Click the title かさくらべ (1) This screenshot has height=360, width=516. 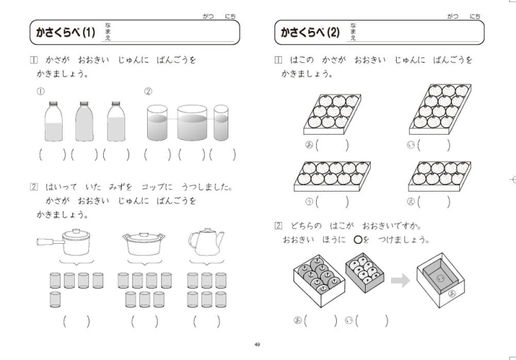pyautogui.click(x=66, y=32)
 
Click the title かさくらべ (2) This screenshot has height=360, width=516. pyautogui.click(x=310, y=32)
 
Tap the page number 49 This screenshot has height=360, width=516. pyautogui.click(x=257, y=345)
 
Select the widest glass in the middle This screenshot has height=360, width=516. pyautogui.click(x=192, y=123)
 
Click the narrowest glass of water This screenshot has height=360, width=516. pyautogui.click(x=221, y=123)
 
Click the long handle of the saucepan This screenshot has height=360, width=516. pyautogui.click(x=50, y=242)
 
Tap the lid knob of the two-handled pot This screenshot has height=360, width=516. pyautogui.click(x=144, y=235)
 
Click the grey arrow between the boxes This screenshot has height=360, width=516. pyautogui.click(x=401, y=281)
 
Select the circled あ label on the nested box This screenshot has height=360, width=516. pyautogui.click(x=452, y=294)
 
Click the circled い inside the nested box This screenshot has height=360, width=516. pyautogui.click(x=441, y=279)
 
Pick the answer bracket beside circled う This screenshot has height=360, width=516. pyautogui.click(x=332, y=202)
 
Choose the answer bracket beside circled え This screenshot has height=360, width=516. pyautogui.click(x=433, y=202)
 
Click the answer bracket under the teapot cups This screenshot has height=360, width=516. pyautogui.click(x=206, y=321)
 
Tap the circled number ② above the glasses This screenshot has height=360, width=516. pyautogui.click(x=148, y=92)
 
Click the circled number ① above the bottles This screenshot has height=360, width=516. pyautogui.click(x=41, y=92)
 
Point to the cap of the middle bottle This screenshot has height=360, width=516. pyautogui.click(x=84, y=103)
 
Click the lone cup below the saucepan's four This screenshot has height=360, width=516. pyautogui.click(x=55, y=299)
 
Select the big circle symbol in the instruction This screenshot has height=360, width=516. pyautogui.click(x=358, y=239)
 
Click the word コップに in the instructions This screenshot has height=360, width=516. pyautogui.click(x=157, y=187)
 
